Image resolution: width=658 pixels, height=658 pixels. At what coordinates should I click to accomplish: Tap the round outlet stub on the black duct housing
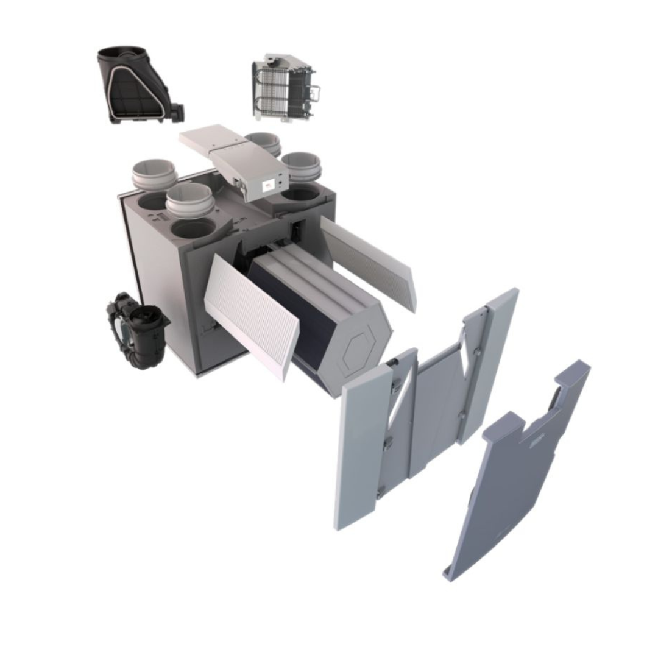[x=177, y=111]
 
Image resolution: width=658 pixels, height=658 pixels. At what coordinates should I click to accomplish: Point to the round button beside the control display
[x=279, y=181]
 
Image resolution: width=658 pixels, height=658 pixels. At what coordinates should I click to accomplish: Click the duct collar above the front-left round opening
[x=190, y=200]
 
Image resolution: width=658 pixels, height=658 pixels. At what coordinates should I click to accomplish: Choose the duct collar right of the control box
[x=302, y=166]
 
